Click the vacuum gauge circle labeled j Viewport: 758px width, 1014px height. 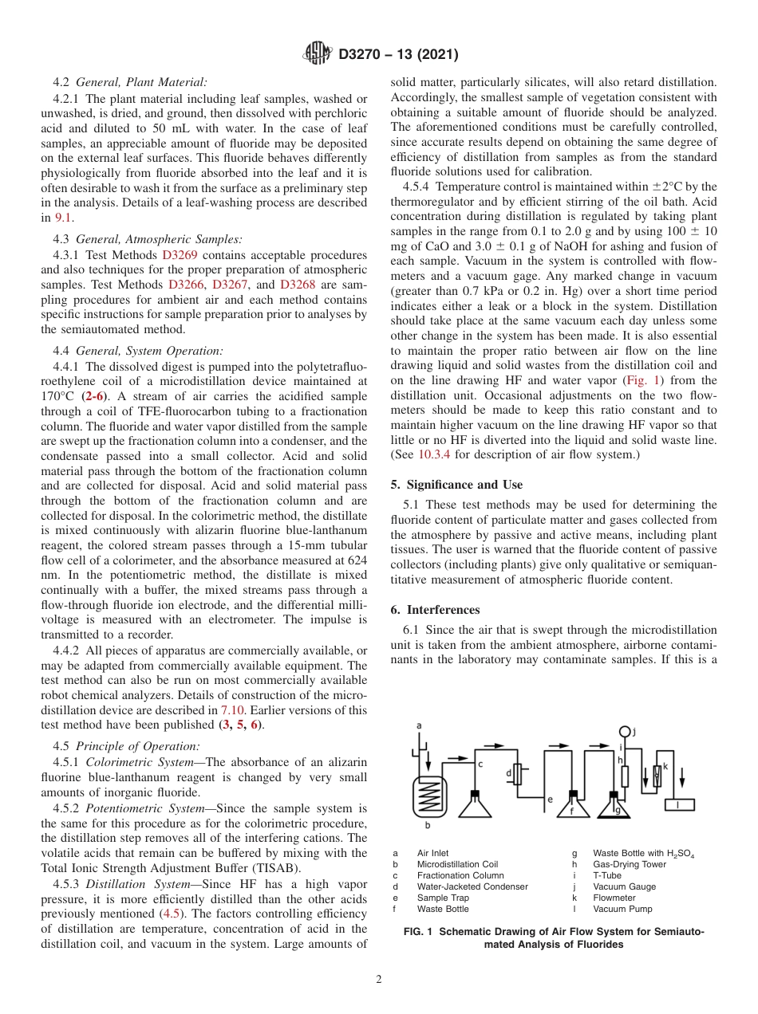625,732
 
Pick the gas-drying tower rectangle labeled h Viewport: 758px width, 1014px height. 625,776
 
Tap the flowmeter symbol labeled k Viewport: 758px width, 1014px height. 657,776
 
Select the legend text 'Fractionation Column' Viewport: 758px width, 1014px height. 460,875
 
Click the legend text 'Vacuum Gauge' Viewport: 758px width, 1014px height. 624,886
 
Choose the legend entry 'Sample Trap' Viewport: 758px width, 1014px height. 443,898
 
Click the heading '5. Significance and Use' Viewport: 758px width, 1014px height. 456,485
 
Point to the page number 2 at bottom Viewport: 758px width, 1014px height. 379,980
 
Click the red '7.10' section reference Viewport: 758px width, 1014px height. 232,709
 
